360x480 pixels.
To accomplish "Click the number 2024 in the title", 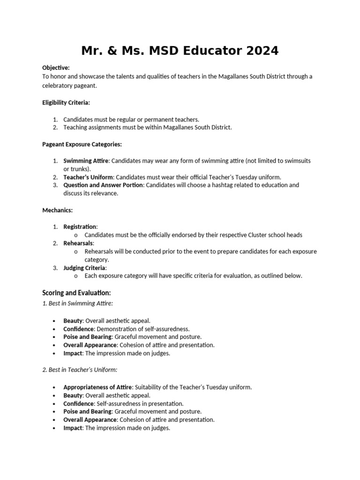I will (259, 51).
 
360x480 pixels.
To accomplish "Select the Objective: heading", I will (56, 68).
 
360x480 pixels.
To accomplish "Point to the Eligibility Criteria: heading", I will (66, 102).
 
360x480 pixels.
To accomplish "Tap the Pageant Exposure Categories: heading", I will (82, 144).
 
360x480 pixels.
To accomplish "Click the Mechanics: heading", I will (57, 210).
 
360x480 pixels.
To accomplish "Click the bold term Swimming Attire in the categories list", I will (86, 161).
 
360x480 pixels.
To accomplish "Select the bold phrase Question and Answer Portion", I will (104, 185).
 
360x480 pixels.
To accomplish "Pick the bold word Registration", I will (80, 227).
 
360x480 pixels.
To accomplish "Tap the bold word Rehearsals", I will (79, 243).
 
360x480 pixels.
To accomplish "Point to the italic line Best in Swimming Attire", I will (78, 303).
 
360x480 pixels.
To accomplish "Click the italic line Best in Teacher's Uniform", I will (80, 370).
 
